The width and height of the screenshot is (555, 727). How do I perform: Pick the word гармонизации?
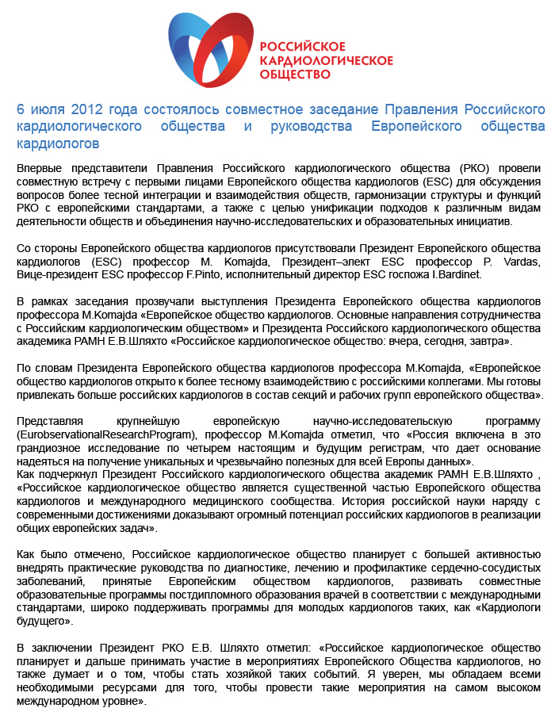[371, 195]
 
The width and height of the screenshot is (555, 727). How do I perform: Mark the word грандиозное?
[51, 448]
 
